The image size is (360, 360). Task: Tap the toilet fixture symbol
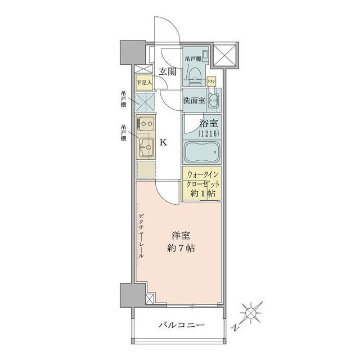pos(193,72)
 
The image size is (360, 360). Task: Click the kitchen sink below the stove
pos(146,148)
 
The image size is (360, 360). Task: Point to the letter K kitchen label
pos(163,142)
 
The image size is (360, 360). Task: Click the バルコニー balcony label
pos(181,325)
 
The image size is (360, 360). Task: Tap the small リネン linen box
pos(211,80)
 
